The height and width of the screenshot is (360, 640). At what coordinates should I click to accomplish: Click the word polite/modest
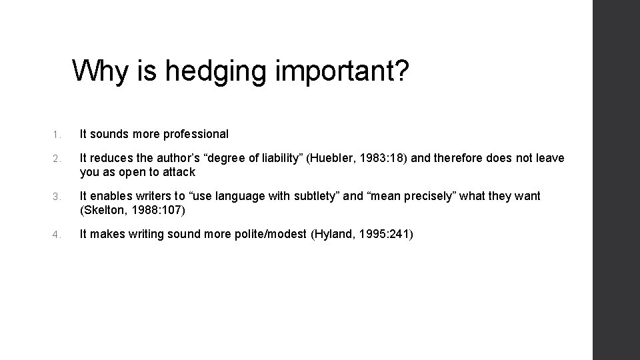pyautogui.click(x=269, y=234)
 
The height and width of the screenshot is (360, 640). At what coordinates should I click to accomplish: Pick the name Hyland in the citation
pyautogui.click(x=332, y=234)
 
